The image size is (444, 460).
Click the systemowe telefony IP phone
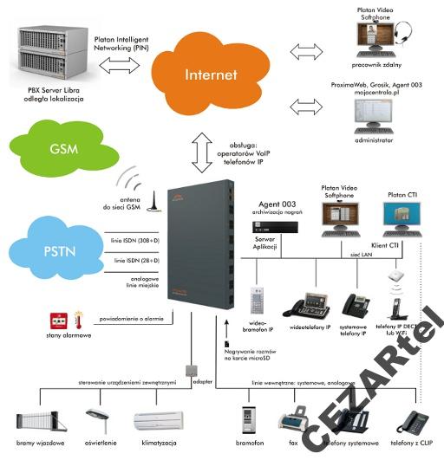point(356,305)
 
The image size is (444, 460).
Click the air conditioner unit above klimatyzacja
point(160,420)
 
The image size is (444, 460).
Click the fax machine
point(292,420)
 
